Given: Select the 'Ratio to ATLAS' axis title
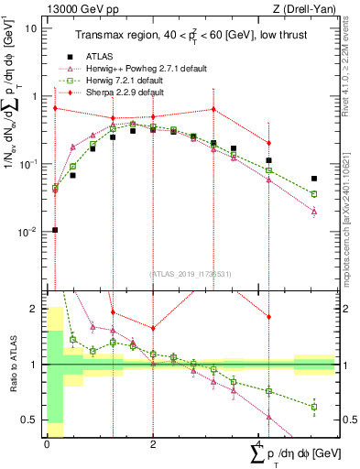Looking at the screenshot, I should pyautogui.click(x=10, y=365).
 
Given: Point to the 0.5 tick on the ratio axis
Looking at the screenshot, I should pyautogui.click(x=32, y=420).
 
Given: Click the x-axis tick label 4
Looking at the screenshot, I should pyautogui.click(x=258, y=445).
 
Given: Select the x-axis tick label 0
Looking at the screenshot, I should pyautogui.click(x=47, y=445).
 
